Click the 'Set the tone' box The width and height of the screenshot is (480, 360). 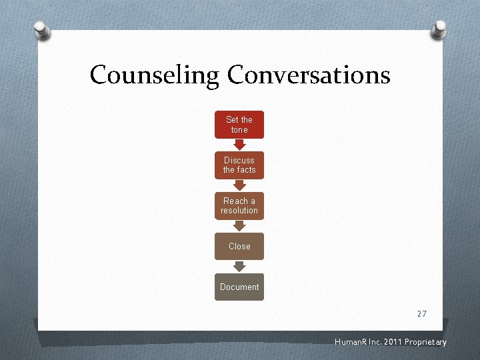[x=239, y=125]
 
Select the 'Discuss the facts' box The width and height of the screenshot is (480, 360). [x=239, y=165]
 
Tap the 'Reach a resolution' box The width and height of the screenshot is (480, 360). [x=239, y=206]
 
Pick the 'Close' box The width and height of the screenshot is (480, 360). [x=239, y=246]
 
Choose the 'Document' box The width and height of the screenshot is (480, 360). [x=239, y=287]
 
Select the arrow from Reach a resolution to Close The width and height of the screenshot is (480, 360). [x=239, y=226]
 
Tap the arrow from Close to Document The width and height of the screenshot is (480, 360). [x=239, y=267]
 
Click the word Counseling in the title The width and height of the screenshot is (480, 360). [x=154, y=75]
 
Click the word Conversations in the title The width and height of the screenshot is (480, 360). [x=308, y=74]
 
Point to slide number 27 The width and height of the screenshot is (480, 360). [x=421, y=313]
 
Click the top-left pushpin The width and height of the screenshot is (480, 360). [x=42, y=30]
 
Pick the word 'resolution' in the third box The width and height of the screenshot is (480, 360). [x=239, y=211]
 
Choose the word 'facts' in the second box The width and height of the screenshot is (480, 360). [x=247, y=170]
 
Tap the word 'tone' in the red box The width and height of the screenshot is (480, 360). [x=239, y=129]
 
